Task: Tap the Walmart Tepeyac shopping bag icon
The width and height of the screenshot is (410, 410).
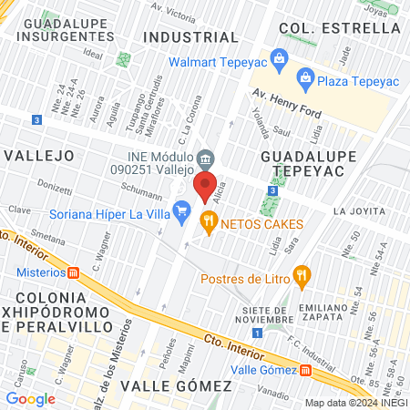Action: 279,62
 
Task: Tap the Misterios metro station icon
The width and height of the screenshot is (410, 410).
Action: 74,272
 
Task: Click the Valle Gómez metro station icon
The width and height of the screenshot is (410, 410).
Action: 304,370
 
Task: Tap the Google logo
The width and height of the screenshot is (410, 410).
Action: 30,398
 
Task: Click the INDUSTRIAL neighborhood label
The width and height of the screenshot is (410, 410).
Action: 191,36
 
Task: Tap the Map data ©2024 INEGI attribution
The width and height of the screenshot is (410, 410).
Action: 355,402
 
